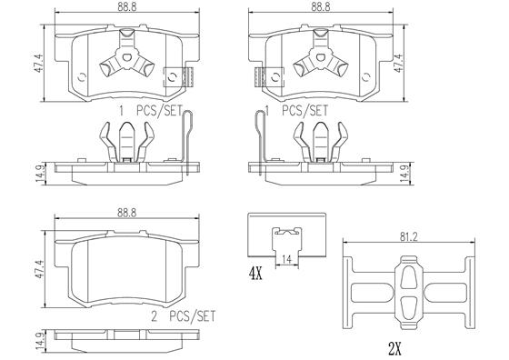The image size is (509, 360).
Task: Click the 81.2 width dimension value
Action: pyautogui.click(x=408, y=237)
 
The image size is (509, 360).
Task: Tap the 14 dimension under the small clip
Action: pyautogui.click(x=286, y=259)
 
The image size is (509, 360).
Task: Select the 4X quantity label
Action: pyautogui.click(x=255, y=275)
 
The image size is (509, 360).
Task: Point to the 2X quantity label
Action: pyautogui.click(x=395, y=349)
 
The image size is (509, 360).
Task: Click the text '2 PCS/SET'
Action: pyautogui.click(x=184, y=316)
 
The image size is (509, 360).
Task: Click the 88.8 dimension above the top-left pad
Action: pyautogui.click(x=127, y=7)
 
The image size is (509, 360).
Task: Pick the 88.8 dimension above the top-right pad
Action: pyautogui.click(x=321, y=7)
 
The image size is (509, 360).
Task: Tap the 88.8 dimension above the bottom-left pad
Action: pyautogui.click(x=127, y=213)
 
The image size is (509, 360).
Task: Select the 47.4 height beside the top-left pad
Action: pyautogui.click(x=38, y=64)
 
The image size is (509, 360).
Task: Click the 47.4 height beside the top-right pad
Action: pyautogui.click(x=398, y=64)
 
